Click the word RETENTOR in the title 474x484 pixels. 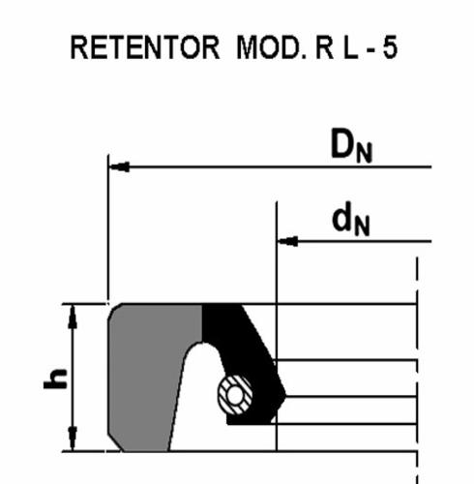click(144, 47)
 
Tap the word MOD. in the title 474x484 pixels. click(271, 47)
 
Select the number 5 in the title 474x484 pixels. click(390, 47)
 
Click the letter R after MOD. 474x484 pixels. click(324, 47)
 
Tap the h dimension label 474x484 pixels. click(55, 378)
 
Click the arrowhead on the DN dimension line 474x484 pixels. click(119, 166)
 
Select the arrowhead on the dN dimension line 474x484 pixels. click(287, 241)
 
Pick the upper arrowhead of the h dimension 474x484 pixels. click(73, 317)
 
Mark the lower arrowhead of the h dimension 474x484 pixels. click(73, 438)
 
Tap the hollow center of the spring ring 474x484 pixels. click(235, 395)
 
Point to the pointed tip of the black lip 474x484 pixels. click(285, 394)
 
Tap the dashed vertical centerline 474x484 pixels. click(417, 371)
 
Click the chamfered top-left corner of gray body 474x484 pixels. click(114, 310)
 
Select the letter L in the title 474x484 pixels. click(350, 47)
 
